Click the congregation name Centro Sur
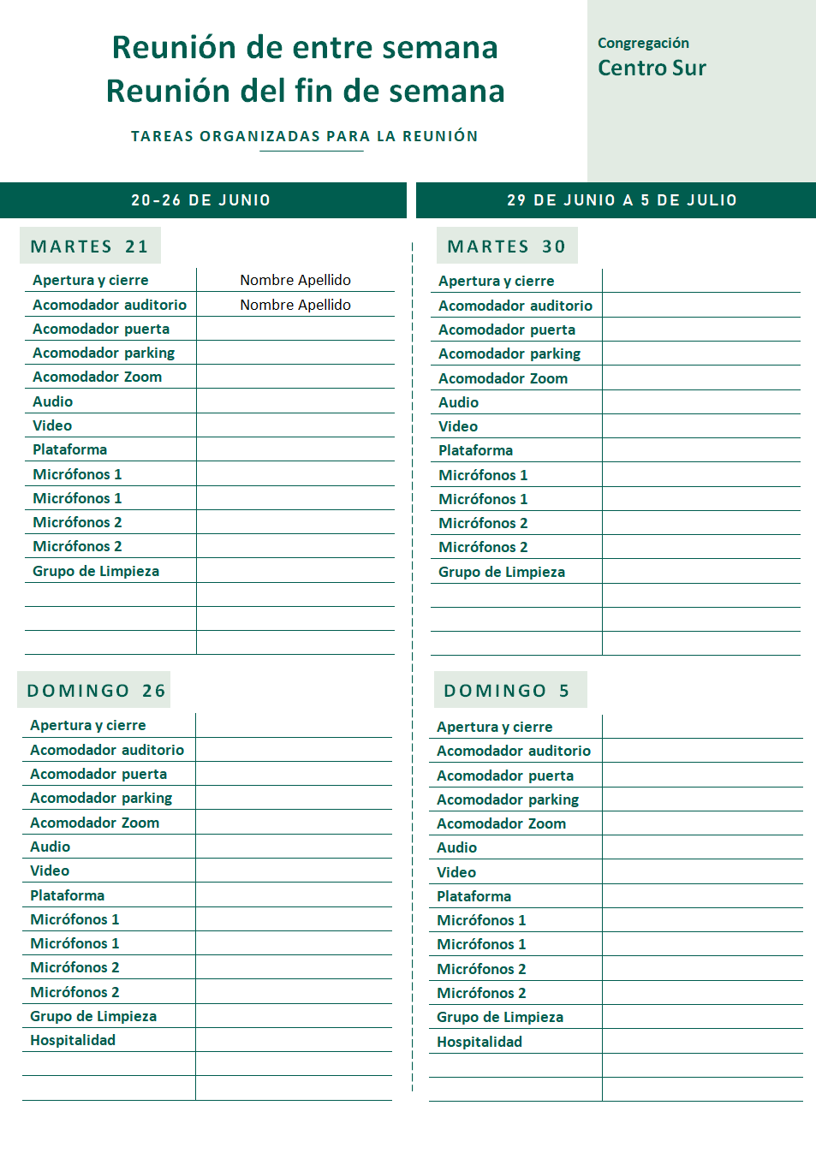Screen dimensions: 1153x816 click(x=652, y=68)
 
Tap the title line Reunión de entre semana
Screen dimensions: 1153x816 click(x=305, y=47)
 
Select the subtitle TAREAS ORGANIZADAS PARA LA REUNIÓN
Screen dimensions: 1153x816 click(x=304, y=136)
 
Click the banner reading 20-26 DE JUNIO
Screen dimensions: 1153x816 click(x=201, y=200)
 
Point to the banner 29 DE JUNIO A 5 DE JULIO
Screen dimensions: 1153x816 click(x=622, y=200)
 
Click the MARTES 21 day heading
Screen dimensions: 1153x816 click(x=90, y=247)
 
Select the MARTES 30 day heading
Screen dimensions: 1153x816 click(x=507, y=247)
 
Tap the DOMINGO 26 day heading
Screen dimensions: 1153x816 click(x=96, y=691)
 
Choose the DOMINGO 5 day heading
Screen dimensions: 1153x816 click(x=507, y=691)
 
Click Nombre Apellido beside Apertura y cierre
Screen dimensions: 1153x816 click(x=295, y=280)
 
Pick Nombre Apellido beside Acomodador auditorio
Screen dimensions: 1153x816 click(x=295, y=305)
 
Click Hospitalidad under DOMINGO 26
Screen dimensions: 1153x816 click(x=73, y=1040)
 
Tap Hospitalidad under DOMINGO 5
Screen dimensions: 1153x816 click(x=479, y=1042)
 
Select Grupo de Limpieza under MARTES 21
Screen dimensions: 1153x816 click(x=96, y=571)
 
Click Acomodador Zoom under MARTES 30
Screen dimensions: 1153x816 click(x=503, y=378)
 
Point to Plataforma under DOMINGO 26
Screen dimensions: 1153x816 click(x=68, y=895)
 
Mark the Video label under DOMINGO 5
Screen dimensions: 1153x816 click(x=456, y=872)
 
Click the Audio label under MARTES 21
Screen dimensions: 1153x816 click(x=53, y=401)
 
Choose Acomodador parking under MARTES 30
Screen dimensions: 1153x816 click(x=509, y=354)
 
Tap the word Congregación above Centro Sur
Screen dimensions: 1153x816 click(x=643, y=43)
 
